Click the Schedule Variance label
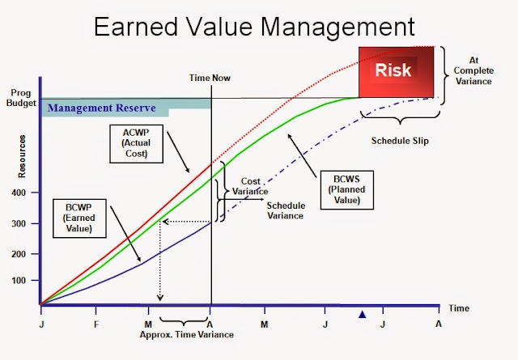284,210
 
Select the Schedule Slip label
401,141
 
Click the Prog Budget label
18,99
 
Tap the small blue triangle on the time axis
363,314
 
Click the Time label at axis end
459,308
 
